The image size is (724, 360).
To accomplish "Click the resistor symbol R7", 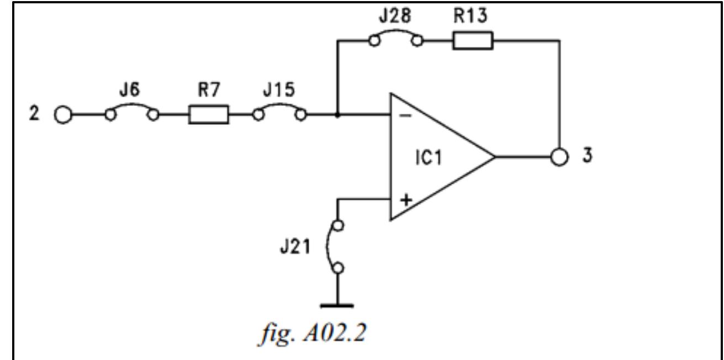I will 208,115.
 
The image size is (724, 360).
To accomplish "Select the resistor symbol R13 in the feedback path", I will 473,41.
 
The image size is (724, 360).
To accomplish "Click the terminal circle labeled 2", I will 62,115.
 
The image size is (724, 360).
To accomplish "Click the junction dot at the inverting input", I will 337,115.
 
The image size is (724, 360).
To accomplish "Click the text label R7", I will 208,91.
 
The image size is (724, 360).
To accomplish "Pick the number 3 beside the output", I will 589,156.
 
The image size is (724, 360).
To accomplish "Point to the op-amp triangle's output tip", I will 494,157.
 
